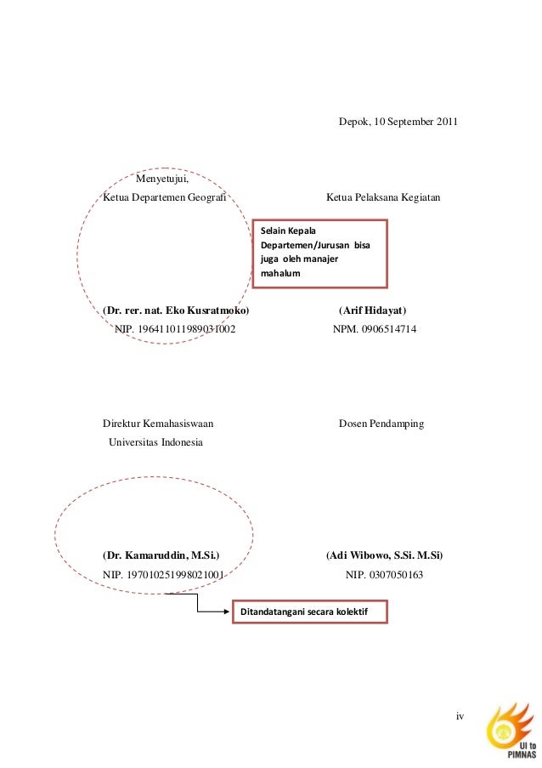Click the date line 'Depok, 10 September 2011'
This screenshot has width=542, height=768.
(398, 122)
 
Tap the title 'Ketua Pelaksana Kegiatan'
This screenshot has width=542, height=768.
(382, 197)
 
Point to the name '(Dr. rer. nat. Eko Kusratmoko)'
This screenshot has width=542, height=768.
(176, 310)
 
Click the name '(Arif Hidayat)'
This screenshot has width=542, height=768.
(372, 310)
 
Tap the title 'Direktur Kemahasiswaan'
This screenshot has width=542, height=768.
(158, 424)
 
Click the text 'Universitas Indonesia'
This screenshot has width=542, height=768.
(155, 442)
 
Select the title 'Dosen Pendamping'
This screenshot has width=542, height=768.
(381, 424)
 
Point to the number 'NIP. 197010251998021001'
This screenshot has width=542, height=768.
(163, 575)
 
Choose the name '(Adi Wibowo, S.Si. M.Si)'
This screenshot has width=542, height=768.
(384, 556)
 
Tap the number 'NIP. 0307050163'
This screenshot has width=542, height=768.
(384, 575)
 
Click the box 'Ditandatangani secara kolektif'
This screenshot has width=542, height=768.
(310, 612)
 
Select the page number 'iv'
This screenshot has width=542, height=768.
(460, 716)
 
